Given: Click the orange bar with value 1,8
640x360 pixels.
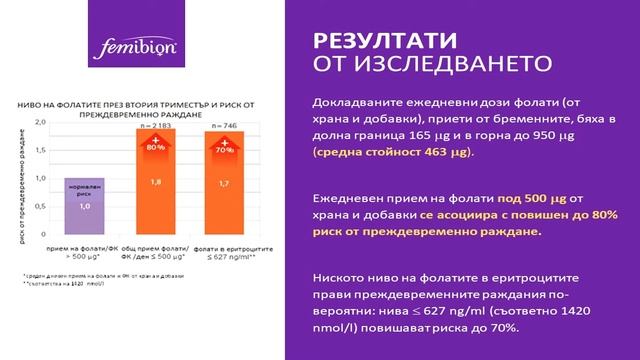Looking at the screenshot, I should point(155,184).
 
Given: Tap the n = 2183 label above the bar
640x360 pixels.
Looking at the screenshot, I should point(155,126).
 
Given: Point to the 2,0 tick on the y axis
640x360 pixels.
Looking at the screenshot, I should point(41,121).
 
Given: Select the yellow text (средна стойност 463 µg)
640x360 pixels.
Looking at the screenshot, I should point(392,152).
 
